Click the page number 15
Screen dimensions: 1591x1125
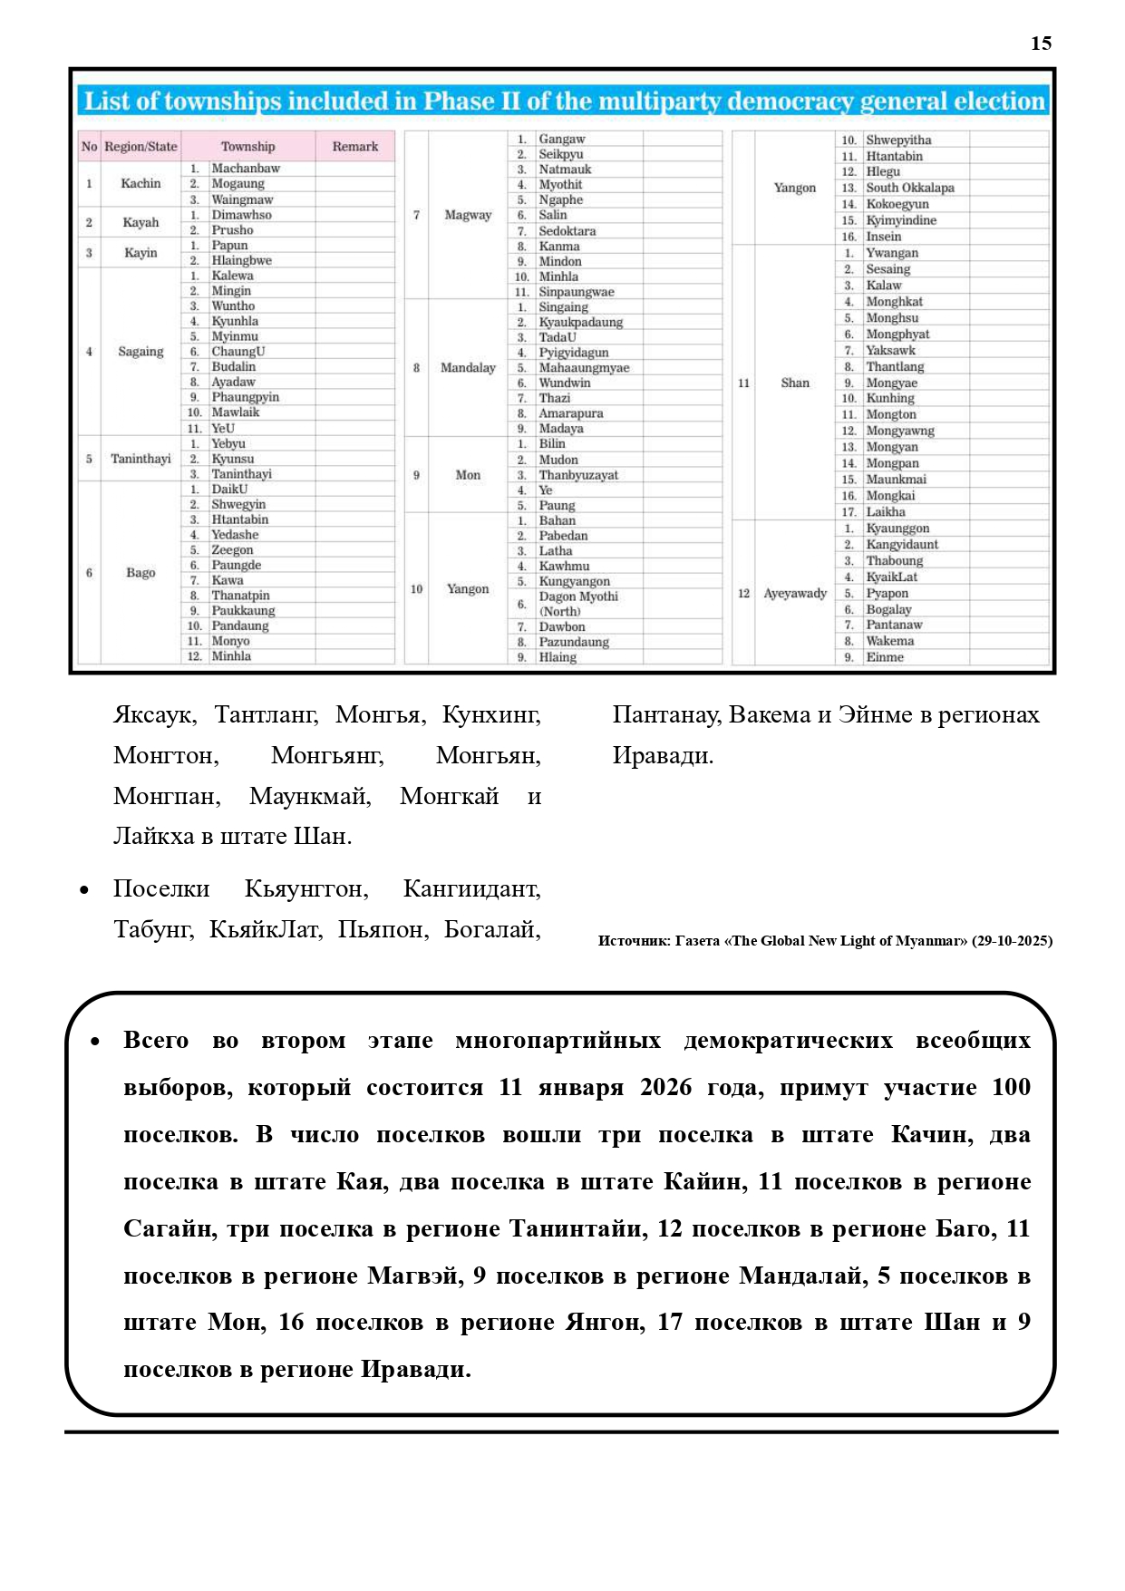coord(1041,44)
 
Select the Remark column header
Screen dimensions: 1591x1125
coord(354,147)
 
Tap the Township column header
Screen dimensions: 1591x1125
coord(247,147)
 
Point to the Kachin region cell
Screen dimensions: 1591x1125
coord(141,184)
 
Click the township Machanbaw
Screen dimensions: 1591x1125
coord(246,169)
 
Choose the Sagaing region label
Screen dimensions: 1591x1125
coord(141,352)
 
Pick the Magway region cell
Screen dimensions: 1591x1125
coord(468,216)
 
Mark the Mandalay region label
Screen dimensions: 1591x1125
coord(468,368)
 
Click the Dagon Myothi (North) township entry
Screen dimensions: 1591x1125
coord(578,604)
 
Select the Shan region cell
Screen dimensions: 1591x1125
coord(795,383)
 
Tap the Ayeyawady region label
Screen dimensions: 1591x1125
coord(795,594)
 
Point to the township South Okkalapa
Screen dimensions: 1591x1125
coord(909,189)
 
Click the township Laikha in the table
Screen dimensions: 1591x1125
coord(886,512)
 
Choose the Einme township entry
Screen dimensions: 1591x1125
coord(884,657)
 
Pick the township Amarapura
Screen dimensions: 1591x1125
coord(571,413)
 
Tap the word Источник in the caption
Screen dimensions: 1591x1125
coord(633,941)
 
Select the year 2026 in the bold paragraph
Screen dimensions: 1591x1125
coord(666,1088)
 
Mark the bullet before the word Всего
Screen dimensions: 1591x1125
coord(95,1043)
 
